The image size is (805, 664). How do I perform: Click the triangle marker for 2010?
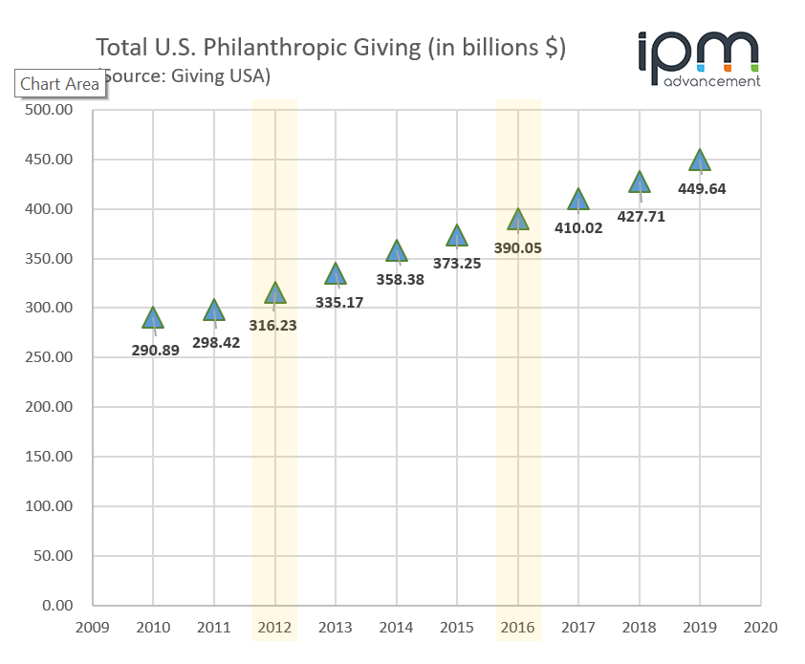click(153, 318)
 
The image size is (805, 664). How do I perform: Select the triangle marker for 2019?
click(700, 161)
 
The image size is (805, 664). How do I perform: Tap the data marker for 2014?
click(397, 251)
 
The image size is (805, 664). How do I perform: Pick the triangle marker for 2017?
click(578, 200)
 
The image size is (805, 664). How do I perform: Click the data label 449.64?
click(700, 188)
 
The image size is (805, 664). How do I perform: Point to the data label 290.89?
click(156, 350)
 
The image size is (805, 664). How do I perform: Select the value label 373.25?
click(457, 264)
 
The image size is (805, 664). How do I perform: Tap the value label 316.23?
click(274, 324)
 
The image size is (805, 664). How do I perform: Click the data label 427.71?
click(639, 216)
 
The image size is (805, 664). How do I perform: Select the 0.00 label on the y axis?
click(57, 605)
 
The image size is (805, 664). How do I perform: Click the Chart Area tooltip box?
click(59, 84)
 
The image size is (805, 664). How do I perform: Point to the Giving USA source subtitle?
click(186, 75)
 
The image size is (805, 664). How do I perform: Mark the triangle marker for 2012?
click(275, 293)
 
